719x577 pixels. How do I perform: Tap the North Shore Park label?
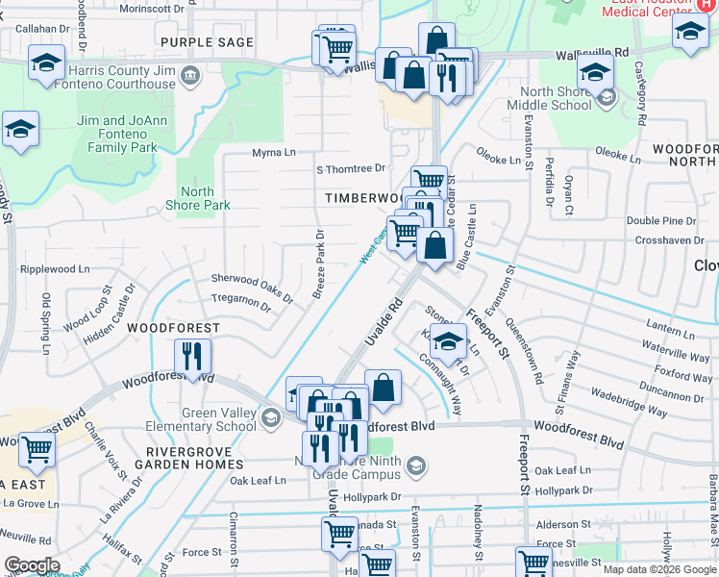click(x=197, y=198)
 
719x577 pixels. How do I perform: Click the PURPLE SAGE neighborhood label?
click(x=207, y=42)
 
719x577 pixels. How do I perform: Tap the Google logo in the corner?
click(x=32, y=564)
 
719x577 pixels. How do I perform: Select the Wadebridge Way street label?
click(x=630, y=404)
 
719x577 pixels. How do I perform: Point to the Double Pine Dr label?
click(x=661, y=221)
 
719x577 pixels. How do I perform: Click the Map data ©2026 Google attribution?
click(x=658, y=569)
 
